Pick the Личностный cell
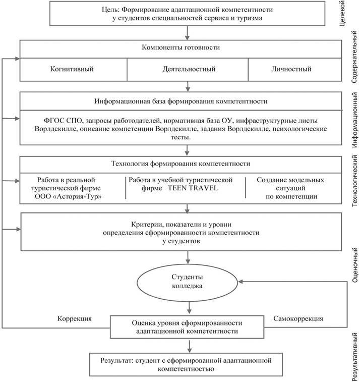coord(291,69)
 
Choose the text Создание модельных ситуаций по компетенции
coord(290,188)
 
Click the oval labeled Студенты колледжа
coord(187,282)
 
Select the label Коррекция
coord(74,318)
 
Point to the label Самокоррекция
coord(297,318)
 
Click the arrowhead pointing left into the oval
coord(242,281)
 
